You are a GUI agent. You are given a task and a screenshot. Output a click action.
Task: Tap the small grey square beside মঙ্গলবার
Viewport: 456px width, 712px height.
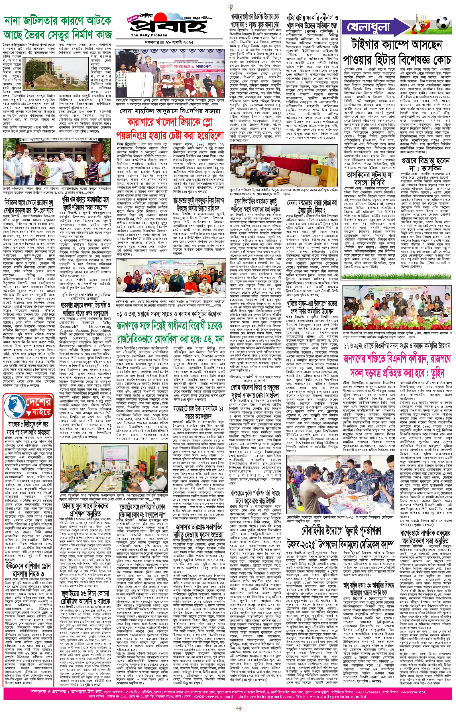point(162,42)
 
